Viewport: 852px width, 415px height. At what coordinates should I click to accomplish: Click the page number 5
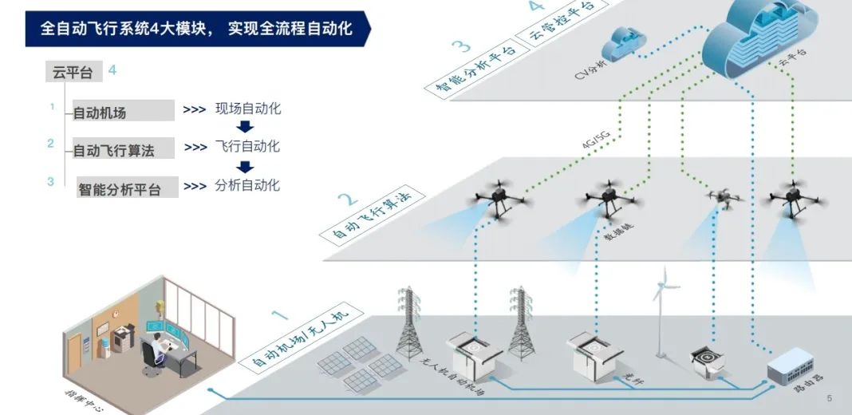(830, 398)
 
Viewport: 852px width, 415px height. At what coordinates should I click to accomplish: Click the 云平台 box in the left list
(73, 73)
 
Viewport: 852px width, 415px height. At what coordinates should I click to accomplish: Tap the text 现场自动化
(247, 109)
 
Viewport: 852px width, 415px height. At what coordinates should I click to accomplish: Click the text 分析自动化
(247, 185)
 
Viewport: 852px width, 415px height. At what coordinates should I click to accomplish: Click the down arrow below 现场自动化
(246, 128)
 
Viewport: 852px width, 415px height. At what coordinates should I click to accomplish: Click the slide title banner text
(207, 30)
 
